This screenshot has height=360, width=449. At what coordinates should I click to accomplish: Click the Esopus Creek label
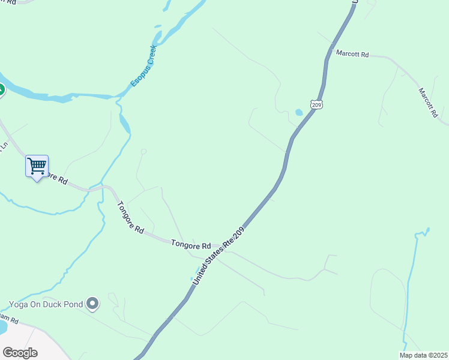(144, 65)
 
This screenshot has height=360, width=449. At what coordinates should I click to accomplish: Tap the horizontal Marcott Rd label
(352, 53)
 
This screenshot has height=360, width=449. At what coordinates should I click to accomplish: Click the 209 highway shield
(316, 104)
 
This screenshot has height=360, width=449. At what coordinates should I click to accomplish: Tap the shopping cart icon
(37, 166)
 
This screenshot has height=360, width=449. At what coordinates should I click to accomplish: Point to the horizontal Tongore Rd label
(191, 245)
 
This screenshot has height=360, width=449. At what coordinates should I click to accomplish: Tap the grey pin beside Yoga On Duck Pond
(92, 304)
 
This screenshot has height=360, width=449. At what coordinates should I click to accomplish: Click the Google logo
(20, 352)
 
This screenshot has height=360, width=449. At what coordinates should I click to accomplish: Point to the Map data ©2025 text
(423, 355)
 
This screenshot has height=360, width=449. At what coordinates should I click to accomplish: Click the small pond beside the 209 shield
(298, 112)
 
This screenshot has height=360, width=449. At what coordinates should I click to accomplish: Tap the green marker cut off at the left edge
(1, 91)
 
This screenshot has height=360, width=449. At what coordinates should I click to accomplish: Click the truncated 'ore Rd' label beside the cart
(57, 179)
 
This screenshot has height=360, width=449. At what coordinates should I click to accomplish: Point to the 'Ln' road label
(4, 145)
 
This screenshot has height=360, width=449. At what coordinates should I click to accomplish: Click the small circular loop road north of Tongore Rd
(143, 151)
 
